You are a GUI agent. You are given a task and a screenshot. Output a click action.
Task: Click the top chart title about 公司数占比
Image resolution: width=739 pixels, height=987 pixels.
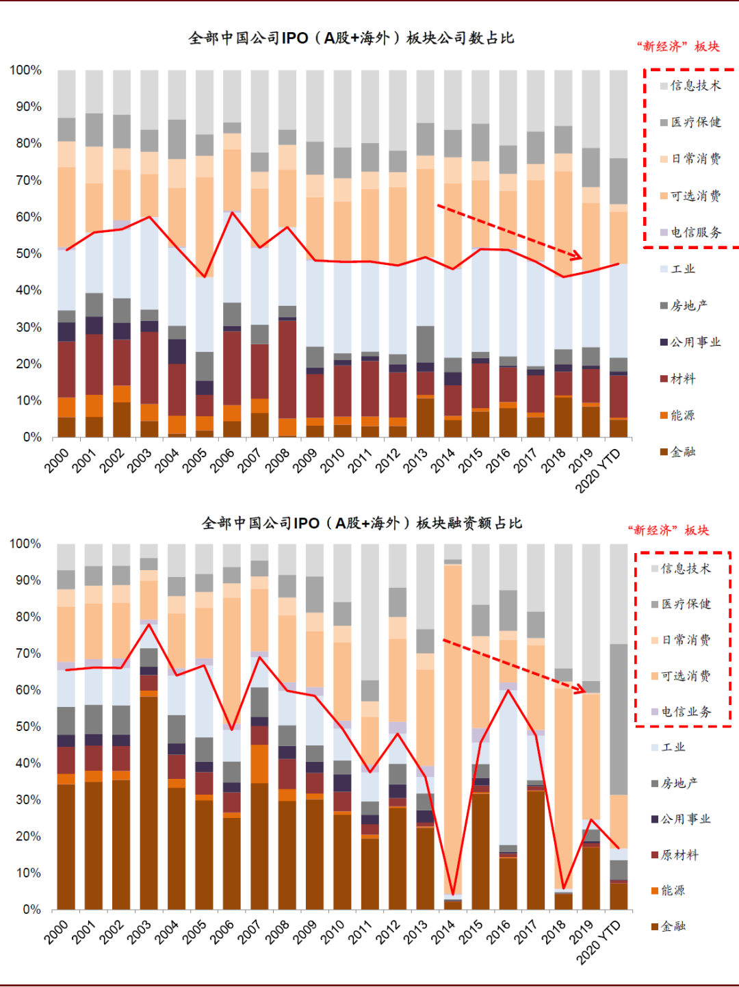pyautogui.click(x=351, y=38)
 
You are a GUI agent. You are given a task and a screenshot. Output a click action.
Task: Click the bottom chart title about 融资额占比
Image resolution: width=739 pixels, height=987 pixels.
pyautogui.click(x=361, y=524)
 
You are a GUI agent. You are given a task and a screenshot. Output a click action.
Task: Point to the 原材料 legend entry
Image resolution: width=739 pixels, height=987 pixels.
pyautogui.click(x=674, y=855)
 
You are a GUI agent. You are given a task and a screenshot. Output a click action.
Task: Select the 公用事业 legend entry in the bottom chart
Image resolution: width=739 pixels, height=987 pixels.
pyautogui.click(x=680, y=819)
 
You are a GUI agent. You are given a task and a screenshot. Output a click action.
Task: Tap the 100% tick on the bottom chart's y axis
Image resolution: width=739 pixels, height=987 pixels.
pyautogui.click(x=25, y=544)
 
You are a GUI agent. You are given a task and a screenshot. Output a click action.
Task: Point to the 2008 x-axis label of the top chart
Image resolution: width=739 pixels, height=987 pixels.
pyautogui.click(x=278, y=460)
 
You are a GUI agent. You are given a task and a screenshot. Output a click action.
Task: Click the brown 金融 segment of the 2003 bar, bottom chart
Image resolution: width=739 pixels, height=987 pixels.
pyautogui.click(x=149, y=801)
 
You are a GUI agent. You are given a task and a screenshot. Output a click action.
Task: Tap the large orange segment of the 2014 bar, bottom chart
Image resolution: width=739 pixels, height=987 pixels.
pyautogui.click(x=452, y=726)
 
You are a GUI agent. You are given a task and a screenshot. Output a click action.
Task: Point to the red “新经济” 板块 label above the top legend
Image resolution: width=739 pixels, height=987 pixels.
pyautogui.click(x=678, y=47)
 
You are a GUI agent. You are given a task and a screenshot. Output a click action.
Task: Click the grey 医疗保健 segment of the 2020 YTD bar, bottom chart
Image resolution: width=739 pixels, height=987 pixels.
pyautogui.click(x=619, y=719)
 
